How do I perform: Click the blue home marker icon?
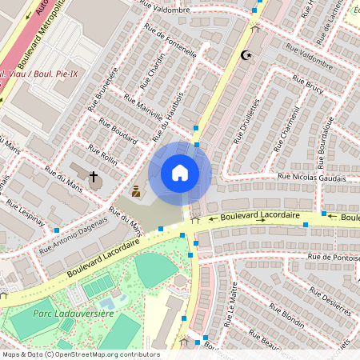click(180, 173)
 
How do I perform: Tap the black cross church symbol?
click(93, 176)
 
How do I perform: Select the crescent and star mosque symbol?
click(246, 55)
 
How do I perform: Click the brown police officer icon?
click(136, 191)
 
